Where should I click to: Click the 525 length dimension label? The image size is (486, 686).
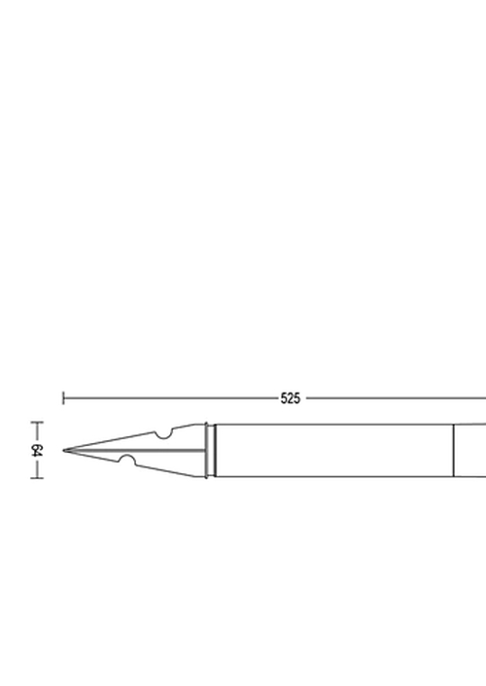coord(291,398)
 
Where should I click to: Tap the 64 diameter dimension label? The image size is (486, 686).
coord(37,450)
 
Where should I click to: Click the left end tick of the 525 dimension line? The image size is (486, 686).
coord(63,398)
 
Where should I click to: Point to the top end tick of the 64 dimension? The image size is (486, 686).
coord(37,422)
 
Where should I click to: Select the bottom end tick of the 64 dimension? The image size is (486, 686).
coord(37,478)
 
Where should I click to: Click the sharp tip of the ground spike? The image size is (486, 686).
coord(63,450)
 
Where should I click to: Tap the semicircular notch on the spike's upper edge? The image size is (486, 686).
coord(163,434)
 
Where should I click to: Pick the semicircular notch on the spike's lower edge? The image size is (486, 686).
coord(127,460)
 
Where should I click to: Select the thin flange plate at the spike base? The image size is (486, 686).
coord(206,450)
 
